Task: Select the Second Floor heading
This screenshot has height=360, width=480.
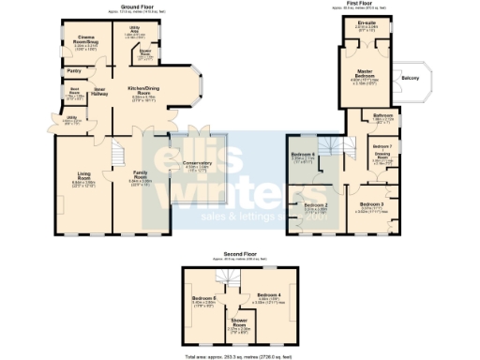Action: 240,253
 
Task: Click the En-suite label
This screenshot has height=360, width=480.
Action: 354,22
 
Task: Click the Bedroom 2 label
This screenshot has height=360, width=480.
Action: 314,204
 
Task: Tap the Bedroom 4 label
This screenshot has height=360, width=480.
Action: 270,296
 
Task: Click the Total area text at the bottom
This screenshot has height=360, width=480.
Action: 240,355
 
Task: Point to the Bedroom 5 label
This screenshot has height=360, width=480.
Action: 205,298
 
